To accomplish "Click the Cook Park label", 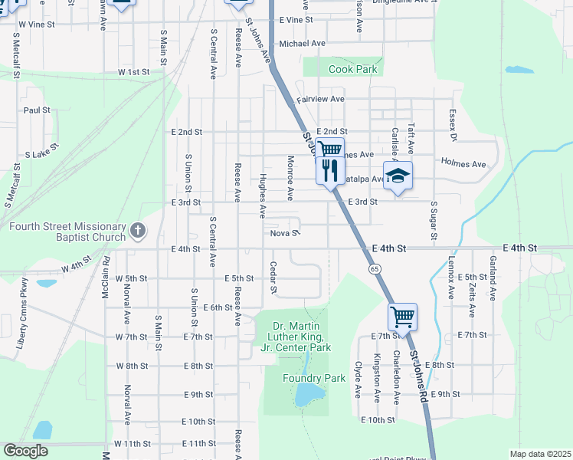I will pos(353,69).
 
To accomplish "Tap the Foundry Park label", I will pos(314,378).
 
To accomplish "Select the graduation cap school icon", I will pos(398,176).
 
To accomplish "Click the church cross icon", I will pos(137,229).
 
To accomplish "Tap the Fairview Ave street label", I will pos(320,99).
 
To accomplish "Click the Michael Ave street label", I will pos(303,44).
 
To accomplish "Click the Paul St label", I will pos(37,110).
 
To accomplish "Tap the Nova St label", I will pos(283,233).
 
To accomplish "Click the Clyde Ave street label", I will pos(358,380).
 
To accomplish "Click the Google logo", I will pos(25,451).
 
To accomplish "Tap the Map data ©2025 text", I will pos(540,454).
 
